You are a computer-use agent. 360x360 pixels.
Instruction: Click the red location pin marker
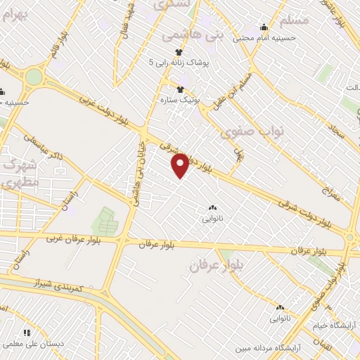click(181, 165)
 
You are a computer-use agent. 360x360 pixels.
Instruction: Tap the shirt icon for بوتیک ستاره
click(181, 89)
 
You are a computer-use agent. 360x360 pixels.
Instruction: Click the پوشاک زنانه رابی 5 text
click(179, 63)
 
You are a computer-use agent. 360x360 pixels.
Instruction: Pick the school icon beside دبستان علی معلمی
click(27, 333)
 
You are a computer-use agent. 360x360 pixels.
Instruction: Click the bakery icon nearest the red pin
click(212, 207)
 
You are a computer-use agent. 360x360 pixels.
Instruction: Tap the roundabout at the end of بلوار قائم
click(32, 76)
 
